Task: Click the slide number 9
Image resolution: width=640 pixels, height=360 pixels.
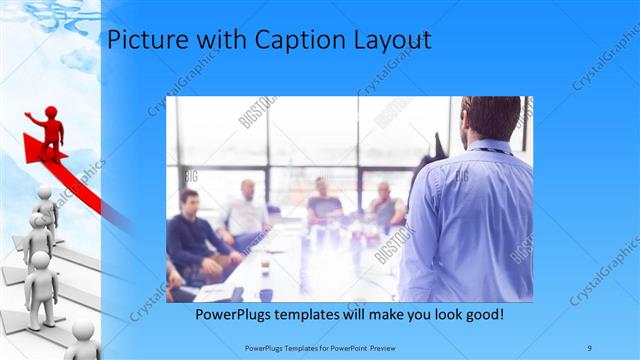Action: (590, 346)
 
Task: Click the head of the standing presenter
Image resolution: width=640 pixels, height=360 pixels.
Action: (491, 118)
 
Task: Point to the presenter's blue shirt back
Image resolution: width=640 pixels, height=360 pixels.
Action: (475, 220)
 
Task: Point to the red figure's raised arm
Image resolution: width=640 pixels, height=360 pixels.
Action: (34, 118)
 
